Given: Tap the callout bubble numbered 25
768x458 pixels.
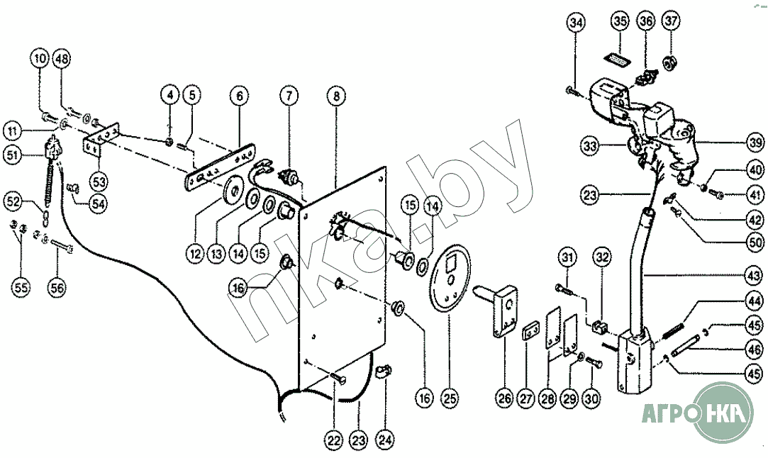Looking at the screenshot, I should (x=449, y=399).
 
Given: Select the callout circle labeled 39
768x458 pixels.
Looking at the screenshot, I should (x=755, y=143).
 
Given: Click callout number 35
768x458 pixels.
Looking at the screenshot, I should (x=620, y=23).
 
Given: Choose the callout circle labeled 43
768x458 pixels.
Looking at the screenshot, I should (x=755, y=275).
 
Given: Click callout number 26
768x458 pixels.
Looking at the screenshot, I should (x=504, y=399).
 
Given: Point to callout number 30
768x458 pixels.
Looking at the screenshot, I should (x=592, y=399).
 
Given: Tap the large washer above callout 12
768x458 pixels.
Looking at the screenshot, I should (x=232, y=194).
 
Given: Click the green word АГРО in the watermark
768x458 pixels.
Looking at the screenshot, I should (x=664, y=413).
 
